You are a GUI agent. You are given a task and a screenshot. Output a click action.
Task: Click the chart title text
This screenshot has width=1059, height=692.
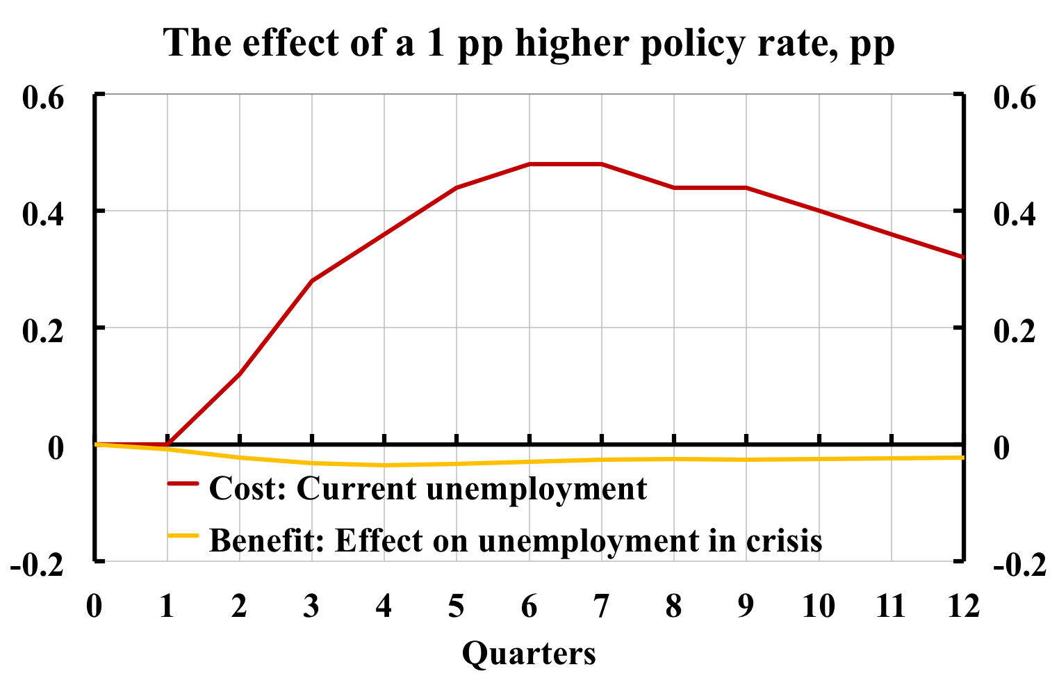coord(529,43)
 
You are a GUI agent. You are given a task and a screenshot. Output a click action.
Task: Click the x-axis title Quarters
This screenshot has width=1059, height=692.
coord(529,654)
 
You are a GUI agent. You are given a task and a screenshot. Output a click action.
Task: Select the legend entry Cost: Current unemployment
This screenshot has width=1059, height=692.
coord(427,488)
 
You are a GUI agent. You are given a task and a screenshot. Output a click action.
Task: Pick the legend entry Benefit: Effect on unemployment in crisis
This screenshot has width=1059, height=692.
coord(515,540)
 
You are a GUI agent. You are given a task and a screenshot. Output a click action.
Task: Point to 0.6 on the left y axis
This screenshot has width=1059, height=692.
coord(44,97)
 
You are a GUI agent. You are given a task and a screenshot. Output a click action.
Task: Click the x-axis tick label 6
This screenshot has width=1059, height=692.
coord(529,607)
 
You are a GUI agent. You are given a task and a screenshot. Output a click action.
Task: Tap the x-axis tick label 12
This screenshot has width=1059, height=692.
coord(962,607)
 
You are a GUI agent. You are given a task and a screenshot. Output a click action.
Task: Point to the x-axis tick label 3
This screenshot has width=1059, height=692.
coord(312,607)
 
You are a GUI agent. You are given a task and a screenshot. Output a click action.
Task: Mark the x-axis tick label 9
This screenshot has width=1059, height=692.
coord(746,607)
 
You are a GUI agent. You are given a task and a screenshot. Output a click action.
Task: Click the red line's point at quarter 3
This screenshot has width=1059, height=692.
coord(312,281)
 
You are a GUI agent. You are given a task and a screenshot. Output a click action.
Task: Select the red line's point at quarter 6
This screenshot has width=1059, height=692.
coord(529,164)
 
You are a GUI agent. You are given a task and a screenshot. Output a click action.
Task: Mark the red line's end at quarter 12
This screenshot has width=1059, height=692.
coord(962,257)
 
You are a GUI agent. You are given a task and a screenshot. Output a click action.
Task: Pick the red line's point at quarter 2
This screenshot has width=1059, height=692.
coord(240,374)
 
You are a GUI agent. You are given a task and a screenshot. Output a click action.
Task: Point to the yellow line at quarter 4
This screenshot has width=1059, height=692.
coord(384,465)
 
